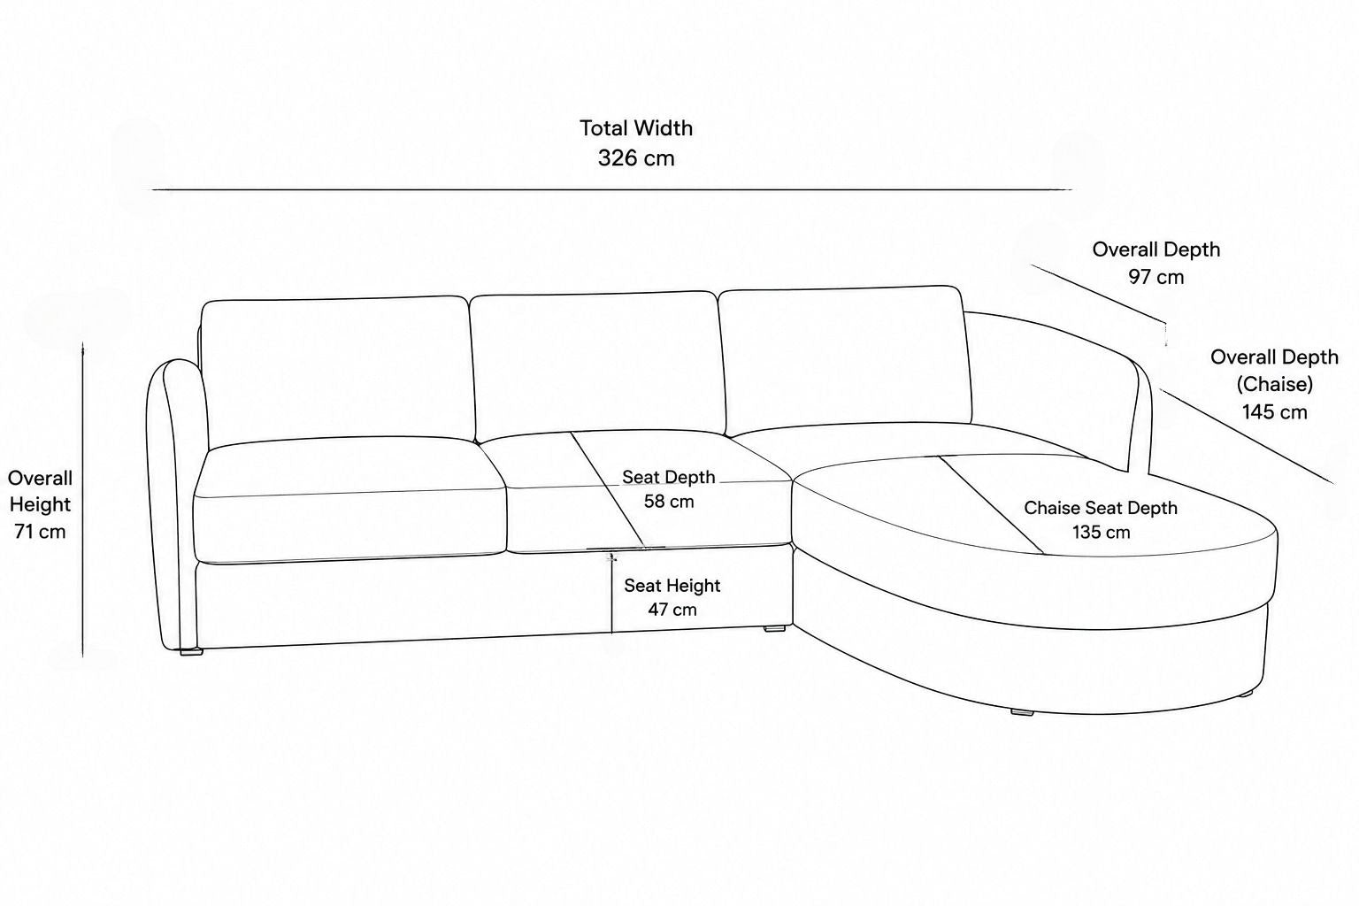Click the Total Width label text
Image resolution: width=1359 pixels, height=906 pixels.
click(x=636, y=128)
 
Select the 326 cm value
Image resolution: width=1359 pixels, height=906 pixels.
click(x=636, y=158)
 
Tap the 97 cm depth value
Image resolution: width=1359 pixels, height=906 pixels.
click(x=1156, y=277)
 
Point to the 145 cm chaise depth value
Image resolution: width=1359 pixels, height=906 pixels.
click(x=1274, y=412)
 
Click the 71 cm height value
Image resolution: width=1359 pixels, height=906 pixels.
click(x=40, y=532)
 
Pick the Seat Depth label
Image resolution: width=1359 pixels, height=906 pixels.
click(x=669, y=477)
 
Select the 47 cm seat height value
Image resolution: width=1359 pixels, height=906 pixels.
click(x=672, y=610)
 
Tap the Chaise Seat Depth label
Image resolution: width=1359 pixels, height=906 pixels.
click(x=1101, y=508)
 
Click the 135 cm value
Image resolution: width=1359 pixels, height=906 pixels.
click(x=1101, y=533)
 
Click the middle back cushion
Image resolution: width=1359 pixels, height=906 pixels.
click(x=597, y=365)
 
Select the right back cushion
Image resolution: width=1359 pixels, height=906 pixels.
click(x=845, y=358)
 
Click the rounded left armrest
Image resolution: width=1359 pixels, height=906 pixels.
click(x=173, y=503)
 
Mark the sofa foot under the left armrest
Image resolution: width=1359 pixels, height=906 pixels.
click(x=191, y=652)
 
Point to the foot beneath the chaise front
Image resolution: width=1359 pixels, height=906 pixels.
click(x=1022, y=712)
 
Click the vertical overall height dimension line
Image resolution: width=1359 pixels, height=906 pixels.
click(x=82, y=499)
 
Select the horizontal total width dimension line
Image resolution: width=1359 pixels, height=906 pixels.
click(x=611, y=189)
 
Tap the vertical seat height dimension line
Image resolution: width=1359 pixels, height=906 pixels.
click(x=611, y=593)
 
